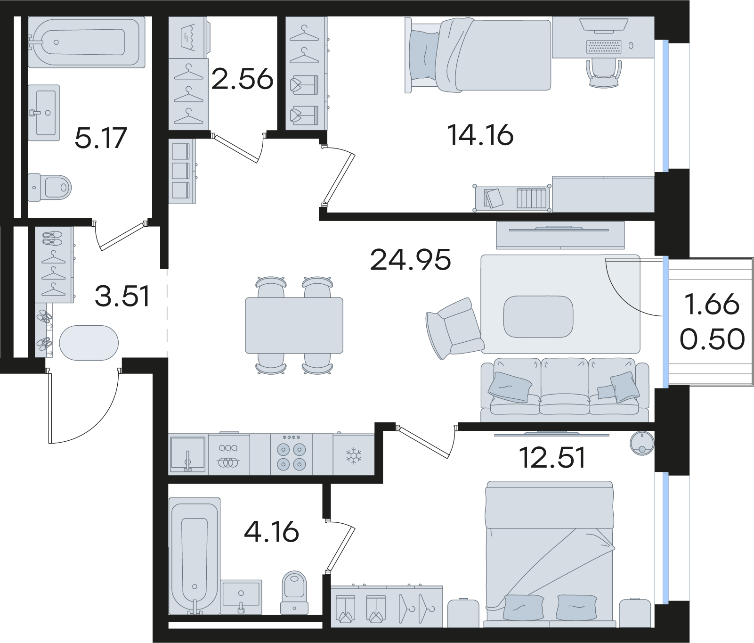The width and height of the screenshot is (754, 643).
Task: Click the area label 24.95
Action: click(411, 260)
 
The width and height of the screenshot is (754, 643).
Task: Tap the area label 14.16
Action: click(480, 136)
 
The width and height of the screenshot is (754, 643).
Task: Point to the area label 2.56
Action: click(242, 80)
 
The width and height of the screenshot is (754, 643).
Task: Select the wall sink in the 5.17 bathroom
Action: click(44, 113)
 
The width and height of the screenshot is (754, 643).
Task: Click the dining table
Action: click(293, 325)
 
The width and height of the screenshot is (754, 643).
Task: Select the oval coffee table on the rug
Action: click(538, 316)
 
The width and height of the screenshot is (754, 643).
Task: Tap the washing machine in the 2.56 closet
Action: click(188, 38)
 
